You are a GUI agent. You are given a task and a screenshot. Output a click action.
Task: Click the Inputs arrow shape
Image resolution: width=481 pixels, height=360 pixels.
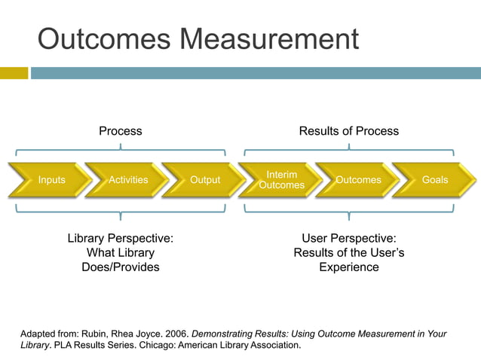51,180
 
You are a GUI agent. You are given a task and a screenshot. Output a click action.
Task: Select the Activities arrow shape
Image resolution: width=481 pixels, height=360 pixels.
128,180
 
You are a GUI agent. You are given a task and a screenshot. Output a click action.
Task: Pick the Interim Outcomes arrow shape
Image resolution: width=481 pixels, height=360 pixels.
281,180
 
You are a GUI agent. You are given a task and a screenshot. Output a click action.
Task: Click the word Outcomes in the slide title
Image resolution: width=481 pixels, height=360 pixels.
93,39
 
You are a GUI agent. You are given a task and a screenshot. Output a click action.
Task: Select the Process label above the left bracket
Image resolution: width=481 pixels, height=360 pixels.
121,131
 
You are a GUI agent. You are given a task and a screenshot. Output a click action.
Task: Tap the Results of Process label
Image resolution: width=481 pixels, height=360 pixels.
348,131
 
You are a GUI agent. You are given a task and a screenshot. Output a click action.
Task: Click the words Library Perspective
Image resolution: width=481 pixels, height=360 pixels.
121,238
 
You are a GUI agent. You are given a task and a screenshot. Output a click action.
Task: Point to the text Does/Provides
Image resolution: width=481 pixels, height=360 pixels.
121,267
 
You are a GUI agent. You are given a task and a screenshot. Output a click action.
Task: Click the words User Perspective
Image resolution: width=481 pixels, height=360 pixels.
348,238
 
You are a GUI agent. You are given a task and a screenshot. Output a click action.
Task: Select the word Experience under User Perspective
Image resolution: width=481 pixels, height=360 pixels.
348,267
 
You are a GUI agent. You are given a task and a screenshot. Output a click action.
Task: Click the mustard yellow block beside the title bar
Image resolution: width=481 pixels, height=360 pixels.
14,73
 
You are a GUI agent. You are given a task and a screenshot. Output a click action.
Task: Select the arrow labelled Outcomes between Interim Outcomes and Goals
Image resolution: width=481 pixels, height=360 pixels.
358,180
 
